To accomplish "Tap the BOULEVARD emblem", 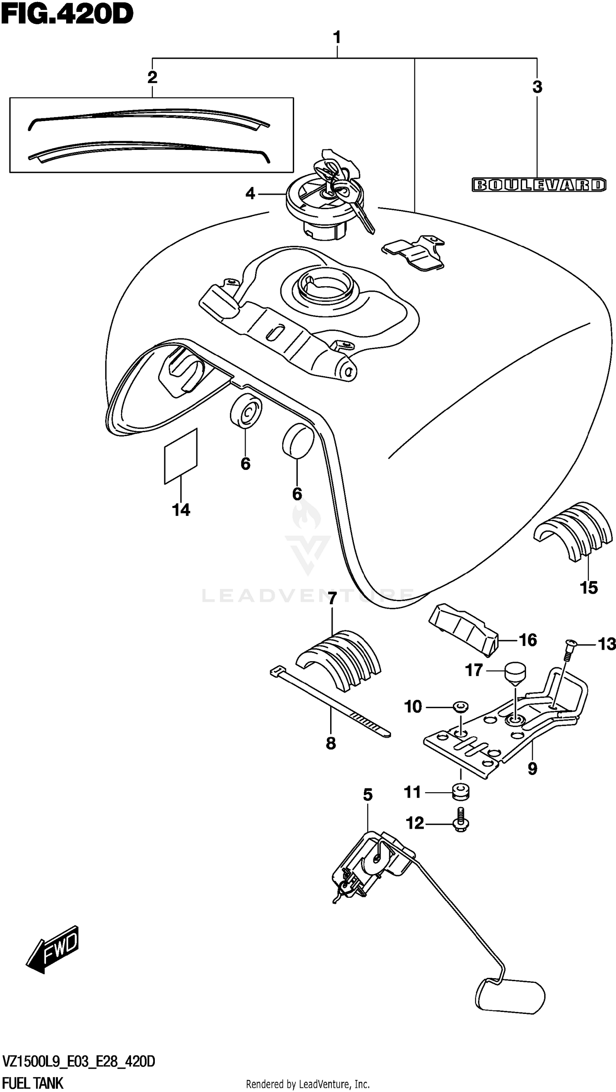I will pyautogui.click(x=539, y=185).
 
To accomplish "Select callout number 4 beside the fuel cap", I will pyautogui.click(x=251, y=194).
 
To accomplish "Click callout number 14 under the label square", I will pyautogui.click(x=181, y=510).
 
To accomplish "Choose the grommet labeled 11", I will pyautogui.click(x=460, y=791).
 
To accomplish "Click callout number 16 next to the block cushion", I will pyautogui.click(x=528, y=640).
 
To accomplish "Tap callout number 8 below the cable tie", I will pyautogui.click(x=331, y=743).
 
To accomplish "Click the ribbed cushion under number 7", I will pyautogui.click(x=339, y=661).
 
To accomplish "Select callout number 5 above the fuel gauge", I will pyautogui.click(x=368, y=795).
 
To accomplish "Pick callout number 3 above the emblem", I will pyautogui.click(x=537, y=87).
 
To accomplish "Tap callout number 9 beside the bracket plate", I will pyautogui.click(x=533, y=768).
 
